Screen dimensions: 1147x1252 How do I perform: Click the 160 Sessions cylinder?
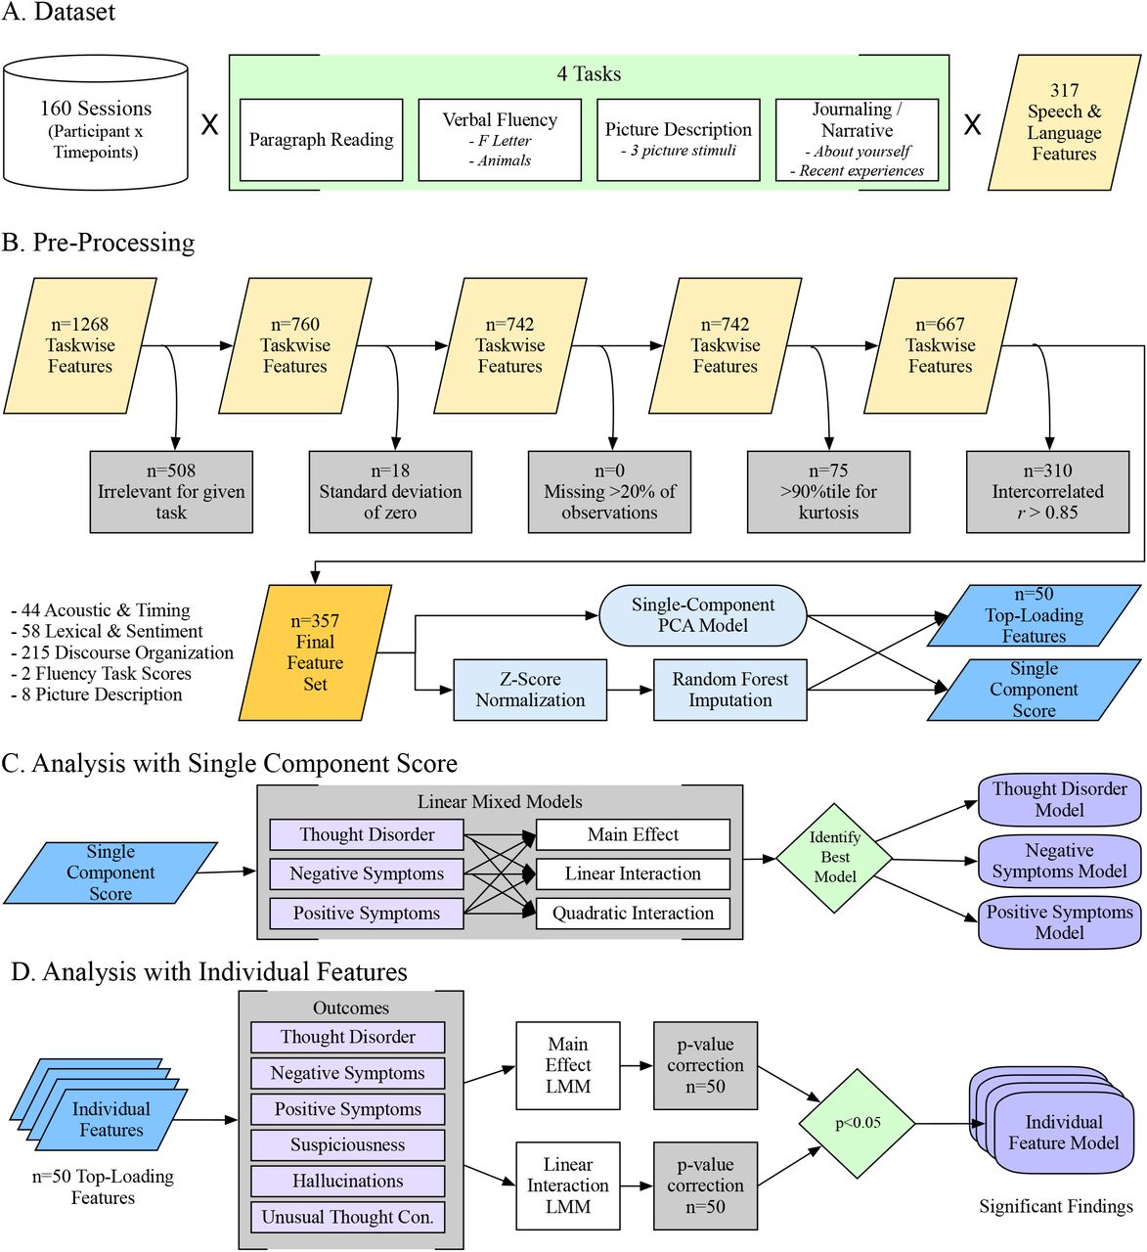pos(96,122)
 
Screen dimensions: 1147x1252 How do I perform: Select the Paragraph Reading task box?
pos(322,140)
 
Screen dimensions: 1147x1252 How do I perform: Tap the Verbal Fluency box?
pos(500,140)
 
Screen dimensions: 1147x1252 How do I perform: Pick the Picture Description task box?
pos(679,140)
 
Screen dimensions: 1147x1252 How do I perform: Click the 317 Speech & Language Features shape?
pos(1064,122)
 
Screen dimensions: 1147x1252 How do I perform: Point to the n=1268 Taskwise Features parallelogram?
pos(80,345)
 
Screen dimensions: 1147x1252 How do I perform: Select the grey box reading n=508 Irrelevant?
pos(171,492)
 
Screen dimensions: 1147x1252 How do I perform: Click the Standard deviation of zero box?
pos(390,492)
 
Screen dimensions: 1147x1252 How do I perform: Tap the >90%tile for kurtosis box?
pos(828,492)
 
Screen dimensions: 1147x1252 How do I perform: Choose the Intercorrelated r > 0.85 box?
pos(1047,492)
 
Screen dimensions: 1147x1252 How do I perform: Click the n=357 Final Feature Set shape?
pos(315,652)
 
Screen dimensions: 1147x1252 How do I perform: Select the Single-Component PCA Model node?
pos(703,615)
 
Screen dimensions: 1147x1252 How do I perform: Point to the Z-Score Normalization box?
pos(530,690)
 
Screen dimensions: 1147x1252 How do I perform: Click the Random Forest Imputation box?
pos(730,690)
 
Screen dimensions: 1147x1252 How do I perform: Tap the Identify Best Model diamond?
pos(834,858)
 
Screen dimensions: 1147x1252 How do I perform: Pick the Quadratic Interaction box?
pos(633,914)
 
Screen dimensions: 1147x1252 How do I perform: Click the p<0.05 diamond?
pos(858,1124)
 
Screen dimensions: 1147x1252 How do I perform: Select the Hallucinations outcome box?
pos(347,1181)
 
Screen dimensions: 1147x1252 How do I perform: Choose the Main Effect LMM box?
pos(568,1065)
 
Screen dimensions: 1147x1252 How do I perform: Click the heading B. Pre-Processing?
pos(98,243)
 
